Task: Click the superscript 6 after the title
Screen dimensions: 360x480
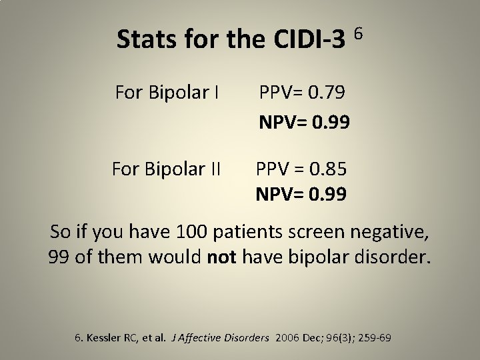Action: click(359, 32)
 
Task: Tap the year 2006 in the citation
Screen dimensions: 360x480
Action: click(283, 338)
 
